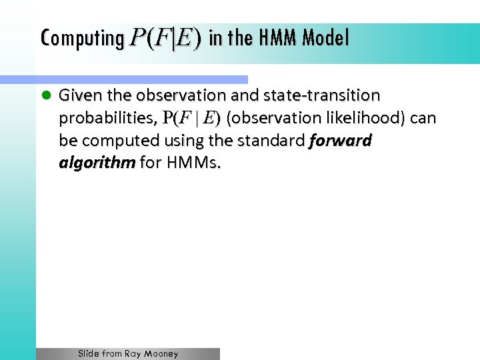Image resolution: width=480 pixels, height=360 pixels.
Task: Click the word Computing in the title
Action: [x=81, y=39]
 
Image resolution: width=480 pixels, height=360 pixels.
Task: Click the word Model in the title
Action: [x=325, y=39]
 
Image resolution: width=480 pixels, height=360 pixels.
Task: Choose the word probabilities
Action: [x=107, y=119]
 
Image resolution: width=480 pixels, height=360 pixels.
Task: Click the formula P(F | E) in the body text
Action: [x=191, y=119]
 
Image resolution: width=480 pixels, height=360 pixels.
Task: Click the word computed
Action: [x=125, y=141]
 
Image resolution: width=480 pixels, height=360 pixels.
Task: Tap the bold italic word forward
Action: [x=341, y=141]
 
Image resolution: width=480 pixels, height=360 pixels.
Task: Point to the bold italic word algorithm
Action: [x=97, y=164]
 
